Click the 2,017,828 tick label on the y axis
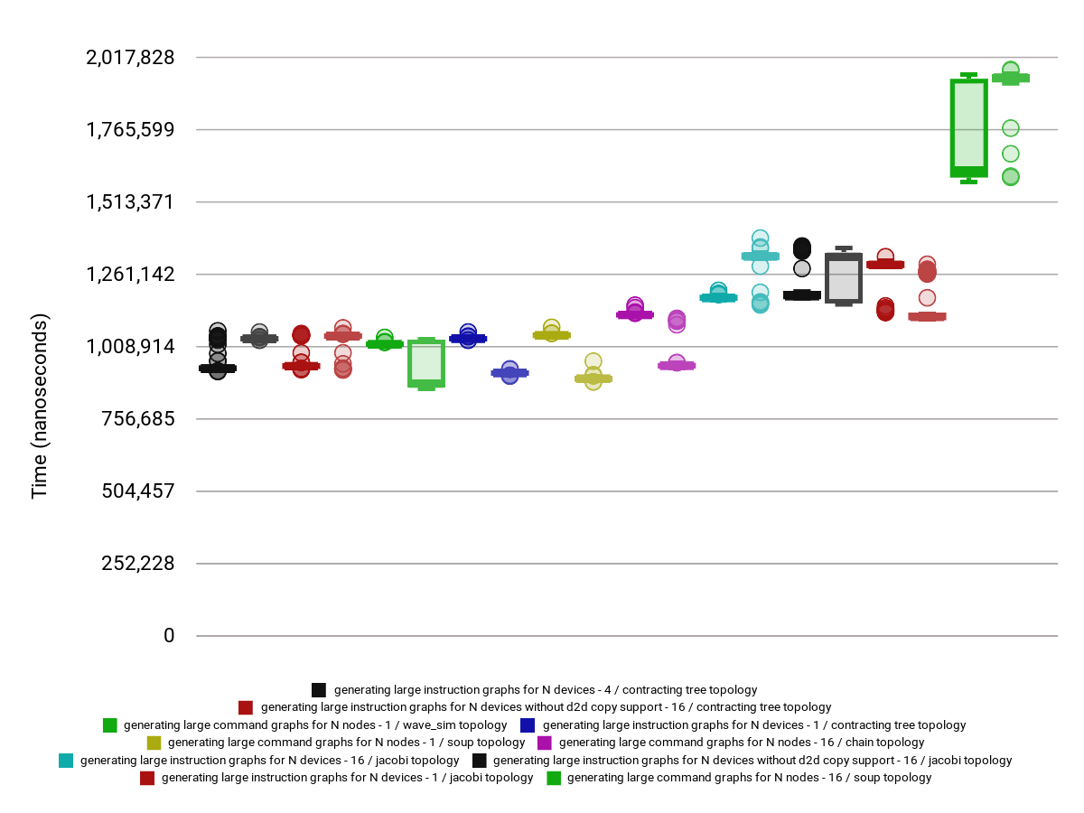tap(130, 58)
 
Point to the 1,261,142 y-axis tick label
tap(130, 275)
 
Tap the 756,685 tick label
tap(136, 419)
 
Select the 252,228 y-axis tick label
tap(136, 564)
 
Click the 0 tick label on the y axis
tap(169, 636)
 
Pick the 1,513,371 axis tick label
tap(130, 202)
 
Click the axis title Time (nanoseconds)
tap(40, 406)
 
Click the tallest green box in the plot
tap(968, 127)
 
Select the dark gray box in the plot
tap(843, 277)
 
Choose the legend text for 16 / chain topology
tap(742, 743)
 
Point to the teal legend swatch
tap(66, 761)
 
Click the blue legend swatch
tap(528, 725)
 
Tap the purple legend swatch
tap(545, 743)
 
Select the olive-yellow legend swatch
tap(154, 743)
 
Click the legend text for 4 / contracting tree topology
tap(546, 690)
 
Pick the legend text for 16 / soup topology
tap(749, 778)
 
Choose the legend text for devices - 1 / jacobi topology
tap(347, 778)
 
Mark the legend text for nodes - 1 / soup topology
tap(346, 743)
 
